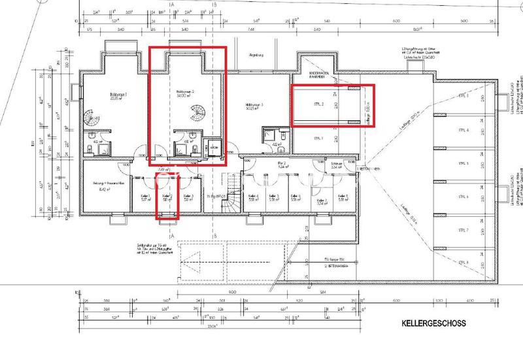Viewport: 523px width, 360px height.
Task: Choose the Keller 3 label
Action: pos(188,197)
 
